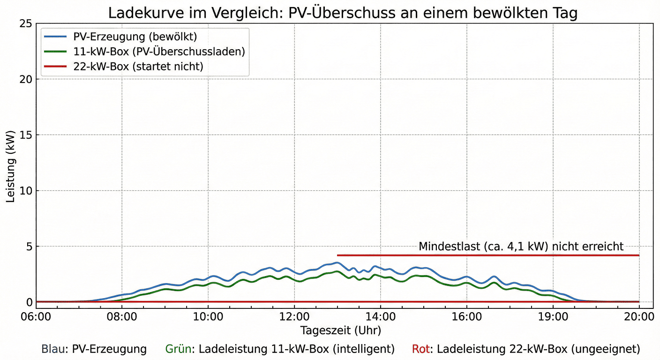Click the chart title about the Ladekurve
tap(343, 13)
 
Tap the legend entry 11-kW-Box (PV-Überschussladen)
tap(159, 52)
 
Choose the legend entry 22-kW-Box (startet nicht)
tap(138, 67)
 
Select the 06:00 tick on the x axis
tap(36, 317)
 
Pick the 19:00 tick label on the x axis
tap(553, 317)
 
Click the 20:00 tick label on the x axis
tap(639, 317)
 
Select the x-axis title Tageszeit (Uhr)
tap(341, 330)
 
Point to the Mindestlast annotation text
tap(521, 247)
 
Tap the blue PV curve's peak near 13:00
tap(336, 263)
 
